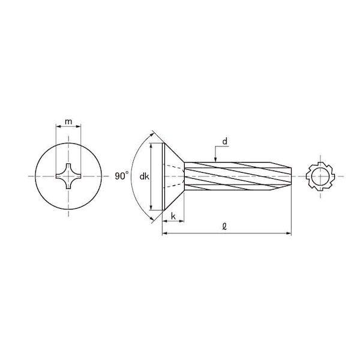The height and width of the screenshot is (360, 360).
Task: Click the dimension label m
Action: [68, 121]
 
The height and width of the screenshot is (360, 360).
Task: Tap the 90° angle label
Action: [121, 176]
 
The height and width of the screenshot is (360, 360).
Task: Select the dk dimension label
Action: [145, 176]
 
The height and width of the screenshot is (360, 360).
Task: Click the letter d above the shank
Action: [225, 142]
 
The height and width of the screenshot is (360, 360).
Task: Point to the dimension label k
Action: [173, 216]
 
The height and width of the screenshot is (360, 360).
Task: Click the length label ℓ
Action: [224, 227]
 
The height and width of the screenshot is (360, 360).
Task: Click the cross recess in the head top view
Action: [68, 176]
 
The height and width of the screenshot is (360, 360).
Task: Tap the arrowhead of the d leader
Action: [215, 160]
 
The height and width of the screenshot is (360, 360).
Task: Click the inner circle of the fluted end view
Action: [320, 176]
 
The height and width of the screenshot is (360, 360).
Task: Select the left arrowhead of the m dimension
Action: [58, 126]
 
